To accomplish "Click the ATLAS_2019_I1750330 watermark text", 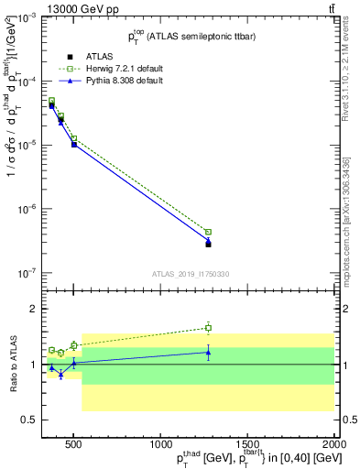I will point(191,274).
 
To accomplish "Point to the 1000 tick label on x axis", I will point(160,443).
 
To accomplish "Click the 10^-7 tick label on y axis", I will point(26,273).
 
